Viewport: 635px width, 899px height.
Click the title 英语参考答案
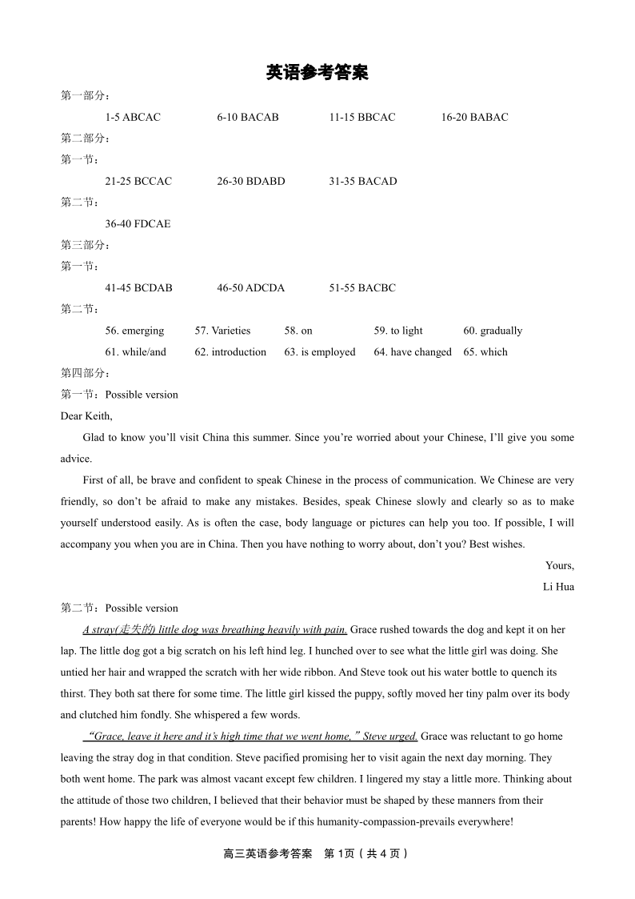[x=317, y=74]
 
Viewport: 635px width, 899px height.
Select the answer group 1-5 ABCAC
[x=133, y=118]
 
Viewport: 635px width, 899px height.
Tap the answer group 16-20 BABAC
[x=474, y=118]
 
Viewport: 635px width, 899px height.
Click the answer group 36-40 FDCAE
[x=138, y=224]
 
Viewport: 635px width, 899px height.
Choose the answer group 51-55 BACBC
[x=362, y=288]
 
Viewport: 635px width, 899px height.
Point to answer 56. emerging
[x=134, y=331]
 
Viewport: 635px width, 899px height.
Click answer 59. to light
[x=398, y=331]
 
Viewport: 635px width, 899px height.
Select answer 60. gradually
[x=493, y=331]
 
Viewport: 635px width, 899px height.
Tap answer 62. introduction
[x=230, y=352]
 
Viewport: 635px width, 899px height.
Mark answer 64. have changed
[x=413, y=352]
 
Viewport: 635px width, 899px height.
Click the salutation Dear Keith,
[x=86, y=416]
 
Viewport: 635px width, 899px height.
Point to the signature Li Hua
[x=558, y=587]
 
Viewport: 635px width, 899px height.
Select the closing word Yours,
[x=560, y=566]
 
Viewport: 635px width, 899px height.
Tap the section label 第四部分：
[x=86, y=373]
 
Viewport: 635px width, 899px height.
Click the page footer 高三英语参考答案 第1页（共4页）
[x=317, y=853]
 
